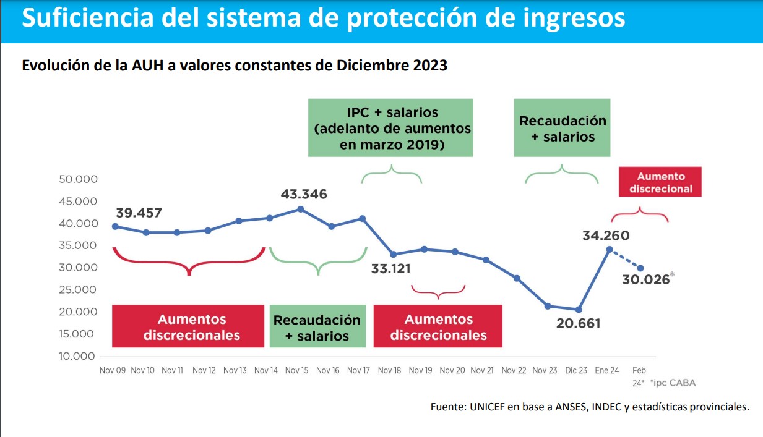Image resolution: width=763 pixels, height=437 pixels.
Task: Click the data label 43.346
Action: point(304,194)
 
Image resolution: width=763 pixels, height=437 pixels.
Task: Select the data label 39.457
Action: point(139,213)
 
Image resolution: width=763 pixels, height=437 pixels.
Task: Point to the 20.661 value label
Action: point(577,323)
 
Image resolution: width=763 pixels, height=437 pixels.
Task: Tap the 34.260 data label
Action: point(606,235)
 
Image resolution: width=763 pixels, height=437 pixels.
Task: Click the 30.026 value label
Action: point(647,279)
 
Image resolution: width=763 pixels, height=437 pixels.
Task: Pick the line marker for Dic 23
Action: point(579,310)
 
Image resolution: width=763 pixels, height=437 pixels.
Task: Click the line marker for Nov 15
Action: point(301,209)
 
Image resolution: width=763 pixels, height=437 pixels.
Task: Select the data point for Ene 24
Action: point(610,249)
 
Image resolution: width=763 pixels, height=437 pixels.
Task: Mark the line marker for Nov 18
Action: point(393,254)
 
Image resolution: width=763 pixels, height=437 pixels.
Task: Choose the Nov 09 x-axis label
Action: point(112,370)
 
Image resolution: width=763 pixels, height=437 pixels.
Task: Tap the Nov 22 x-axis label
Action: point(514,370)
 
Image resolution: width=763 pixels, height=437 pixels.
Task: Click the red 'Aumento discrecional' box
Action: point(660,182)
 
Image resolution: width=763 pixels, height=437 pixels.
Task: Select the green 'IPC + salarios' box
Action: point(390,128)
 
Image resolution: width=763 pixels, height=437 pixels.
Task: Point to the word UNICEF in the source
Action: point(487,407)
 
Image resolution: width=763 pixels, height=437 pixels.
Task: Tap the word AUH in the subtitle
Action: point(145,66)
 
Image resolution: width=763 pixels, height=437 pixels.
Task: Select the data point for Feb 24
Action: point(640,268)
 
